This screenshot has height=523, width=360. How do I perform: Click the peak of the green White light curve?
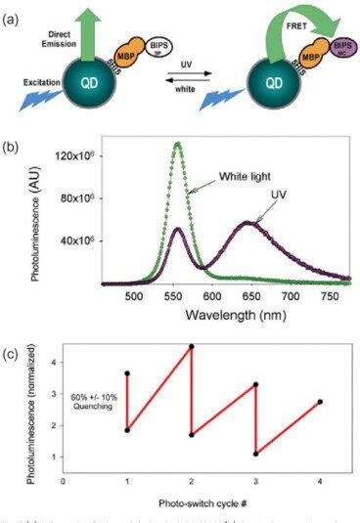coord(177,145)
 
